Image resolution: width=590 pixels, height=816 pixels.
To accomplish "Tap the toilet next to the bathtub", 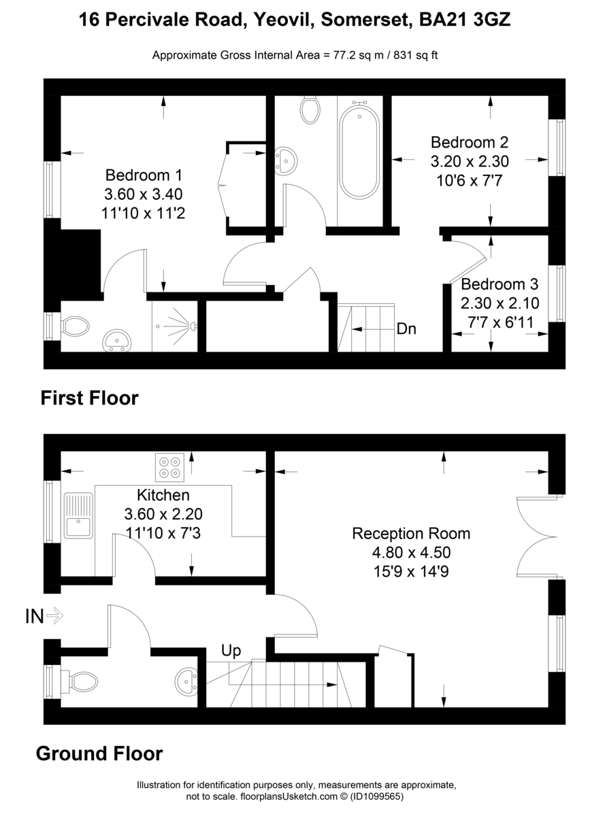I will coord(310,109).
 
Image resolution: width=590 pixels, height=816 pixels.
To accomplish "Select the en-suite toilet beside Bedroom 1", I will coord(74,326).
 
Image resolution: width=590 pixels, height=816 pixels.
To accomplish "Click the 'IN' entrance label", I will coord(35,617).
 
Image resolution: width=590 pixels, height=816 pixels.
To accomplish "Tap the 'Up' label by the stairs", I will coord(231,651).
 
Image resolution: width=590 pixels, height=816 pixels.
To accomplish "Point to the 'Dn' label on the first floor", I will coord(406,329).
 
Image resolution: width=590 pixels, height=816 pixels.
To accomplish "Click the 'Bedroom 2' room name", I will coord(470,143).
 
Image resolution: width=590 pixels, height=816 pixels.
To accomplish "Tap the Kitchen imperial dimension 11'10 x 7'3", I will coord(163,532).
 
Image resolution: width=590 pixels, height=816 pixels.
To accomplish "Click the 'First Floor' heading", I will coord(89,398).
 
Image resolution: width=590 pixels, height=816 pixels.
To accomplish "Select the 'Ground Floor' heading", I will coord(99,753).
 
